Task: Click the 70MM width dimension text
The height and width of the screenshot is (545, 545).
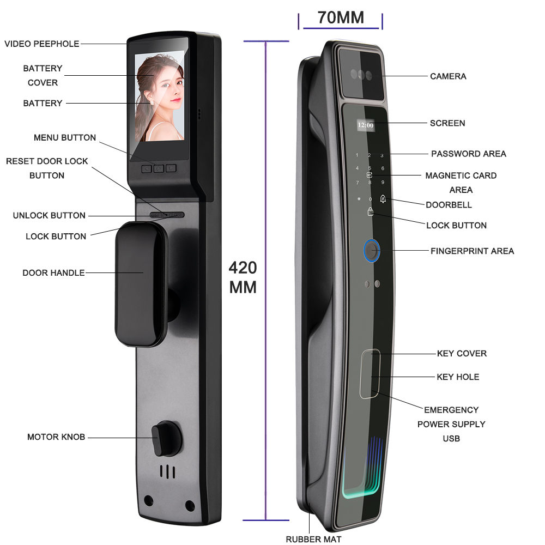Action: [x=341, y=17]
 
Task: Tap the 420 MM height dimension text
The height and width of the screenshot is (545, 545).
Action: [x=243, y=277]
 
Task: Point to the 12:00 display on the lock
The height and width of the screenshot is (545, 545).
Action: [x=365, y=125]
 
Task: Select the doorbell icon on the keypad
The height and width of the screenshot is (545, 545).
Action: [x=383, y=199]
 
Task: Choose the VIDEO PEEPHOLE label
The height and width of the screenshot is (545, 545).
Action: [x=42, y=44]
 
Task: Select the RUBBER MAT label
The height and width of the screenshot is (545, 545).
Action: [x=313, y=539]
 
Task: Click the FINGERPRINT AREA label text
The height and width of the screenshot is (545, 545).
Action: [x=472, y=251]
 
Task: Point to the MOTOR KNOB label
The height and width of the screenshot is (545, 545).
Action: [x=56, y=437]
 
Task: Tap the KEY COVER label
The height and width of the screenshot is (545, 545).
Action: [x=462, y=354]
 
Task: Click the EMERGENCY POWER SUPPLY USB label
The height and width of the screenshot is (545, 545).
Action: [x=451, y=424]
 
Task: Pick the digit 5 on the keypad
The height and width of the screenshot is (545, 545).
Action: [x=370, y=168]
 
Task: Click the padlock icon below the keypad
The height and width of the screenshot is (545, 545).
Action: [x=371, y=211]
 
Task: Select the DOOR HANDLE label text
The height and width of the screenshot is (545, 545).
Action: [x=53, y=272]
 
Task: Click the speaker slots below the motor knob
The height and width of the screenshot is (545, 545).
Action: [x=168, y=472]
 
